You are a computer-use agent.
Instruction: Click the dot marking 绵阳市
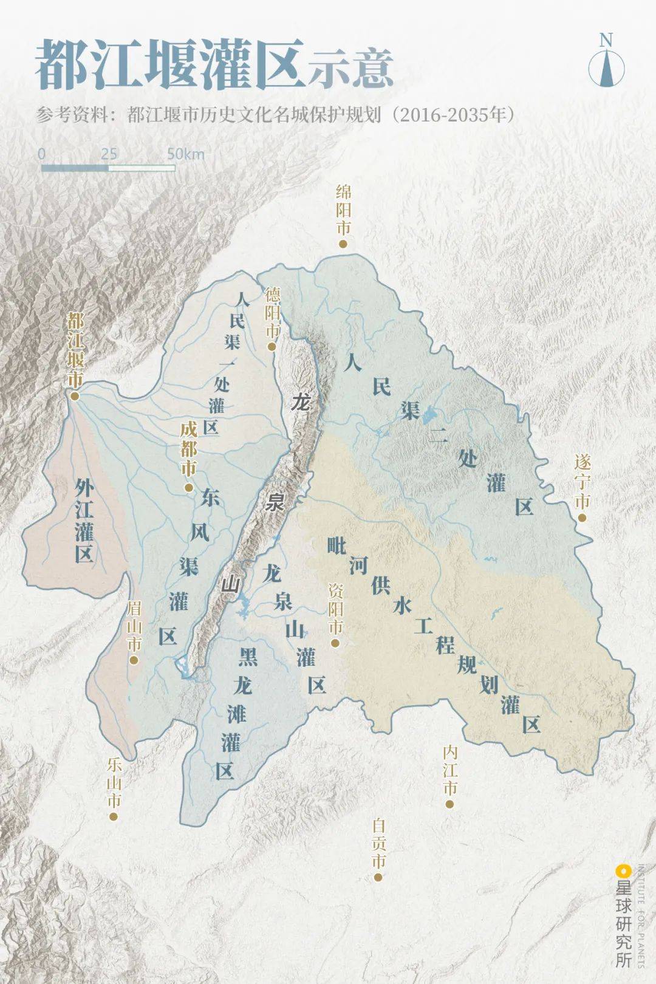click(343, 244)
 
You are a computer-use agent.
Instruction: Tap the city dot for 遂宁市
click(582, 518)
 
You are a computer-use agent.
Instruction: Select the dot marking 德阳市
click(272, 347)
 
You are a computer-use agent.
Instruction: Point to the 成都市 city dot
click(189, 487)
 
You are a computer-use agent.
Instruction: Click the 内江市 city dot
click(449, 804)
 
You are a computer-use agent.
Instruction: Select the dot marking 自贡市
click(378, 876)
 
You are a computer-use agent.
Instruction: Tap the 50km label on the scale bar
click(186, 154)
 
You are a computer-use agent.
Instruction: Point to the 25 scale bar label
click(109, 153)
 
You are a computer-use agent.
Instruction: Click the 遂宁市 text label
click(583, 482)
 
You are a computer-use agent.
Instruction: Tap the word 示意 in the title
click(350, 67)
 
